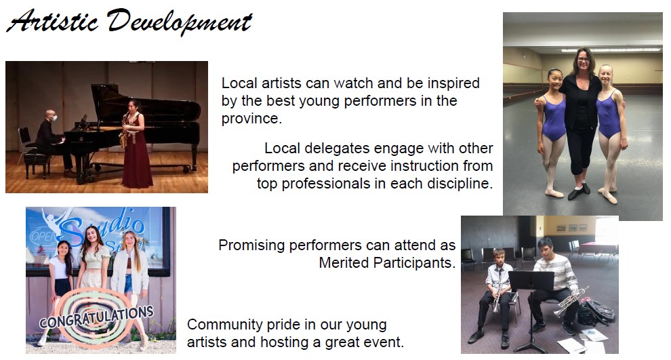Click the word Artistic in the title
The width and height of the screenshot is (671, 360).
point(52,22)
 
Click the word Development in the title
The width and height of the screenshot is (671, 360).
point(180,22)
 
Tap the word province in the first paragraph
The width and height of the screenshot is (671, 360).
point(251,119)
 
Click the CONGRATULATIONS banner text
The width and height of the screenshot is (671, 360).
point(96,317)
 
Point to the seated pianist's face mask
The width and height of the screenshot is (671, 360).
point(54,118)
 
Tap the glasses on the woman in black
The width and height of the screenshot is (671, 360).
point(584,60)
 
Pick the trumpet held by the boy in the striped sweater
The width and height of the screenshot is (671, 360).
point(571,301)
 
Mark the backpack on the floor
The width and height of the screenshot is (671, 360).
point(596,312)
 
